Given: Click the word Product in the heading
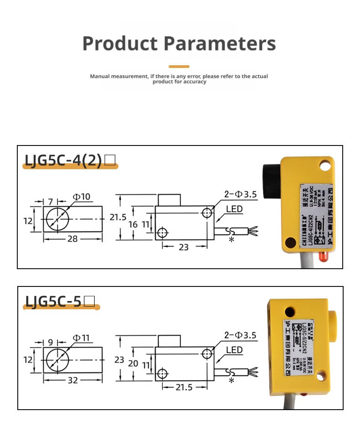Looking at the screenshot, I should point(120,44).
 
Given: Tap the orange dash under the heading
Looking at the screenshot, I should point(179,67).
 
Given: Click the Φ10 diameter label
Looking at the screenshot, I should point(82,197).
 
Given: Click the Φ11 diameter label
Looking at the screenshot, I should point(82,338).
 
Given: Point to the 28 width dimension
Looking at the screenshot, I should point(72,239).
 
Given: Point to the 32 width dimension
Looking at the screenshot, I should point(73,380).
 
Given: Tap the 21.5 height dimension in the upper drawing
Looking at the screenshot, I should point(118,217).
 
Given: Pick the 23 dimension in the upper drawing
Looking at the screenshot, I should point(184,247).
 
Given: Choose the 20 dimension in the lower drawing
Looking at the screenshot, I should point(133,363).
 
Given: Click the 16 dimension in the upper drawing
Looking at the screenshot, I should point(133,224).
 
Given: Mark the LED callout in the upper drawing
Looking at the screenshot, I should point(234,209).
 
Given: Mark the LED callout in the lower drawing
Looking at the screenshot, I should point(234,350).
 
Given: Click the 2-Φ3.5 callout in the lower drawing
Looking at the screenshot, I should point(241,335).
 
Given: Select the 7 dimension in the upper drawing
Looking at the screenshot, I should point(51,201).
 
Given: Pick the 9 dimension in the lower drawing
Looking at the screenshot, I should point(51,342).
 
